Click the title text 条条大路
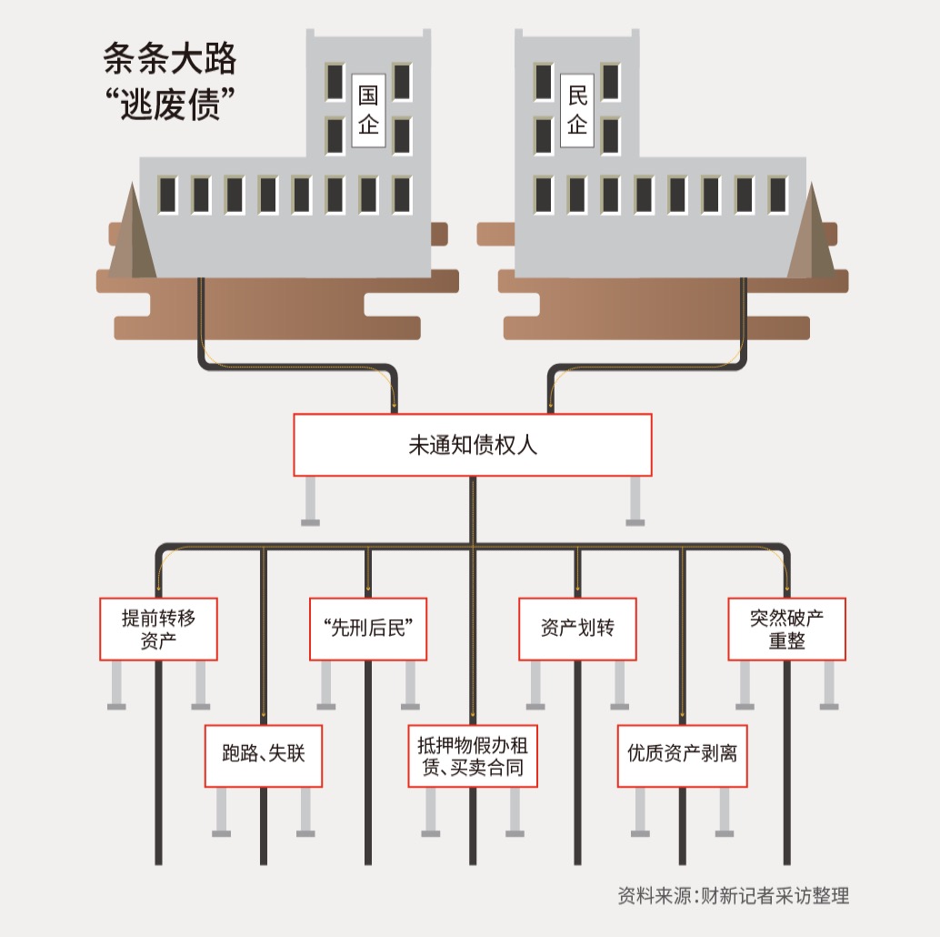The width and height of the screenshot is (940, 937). coord(170,60)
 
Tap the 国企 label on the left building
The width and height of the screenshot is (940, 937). coord(368,110)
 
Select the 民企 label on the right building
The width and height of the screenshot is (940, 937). coord(577,110)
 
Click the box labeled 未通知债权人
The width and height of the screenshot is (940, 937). coord(472,445)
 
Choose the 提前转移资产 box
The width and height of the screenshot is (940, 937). coord(158,629)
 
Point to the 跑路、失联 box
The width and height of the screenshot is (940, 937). coord(263,755)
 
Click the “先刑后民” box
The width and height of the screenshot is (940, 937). coord(368,628)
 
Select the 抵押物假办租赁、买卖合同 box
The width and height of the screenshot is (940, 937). coord(473,756)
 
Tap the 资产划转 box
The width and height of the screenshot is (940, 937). coord(577,628)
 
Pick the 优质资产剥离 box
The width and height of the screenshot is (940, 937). coord(682,755)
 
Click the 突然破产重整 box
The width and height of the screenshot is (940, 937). coord(786,629)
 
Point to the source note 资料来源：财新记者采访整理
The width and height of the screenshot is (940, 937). coord(733,895)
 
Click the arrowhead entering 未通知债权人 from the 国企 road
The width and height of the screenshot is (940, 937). coord(395,406)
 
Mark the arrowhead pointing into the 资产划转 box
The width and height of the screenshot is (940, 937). coord(576,589)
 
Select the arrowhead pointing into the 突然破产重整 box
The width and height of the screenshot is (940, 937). coord(787,589)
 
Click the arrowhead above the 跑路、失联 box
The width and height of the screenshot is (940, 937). coord(264,716)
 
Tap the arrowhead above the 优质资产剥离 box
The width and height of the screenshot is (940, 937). coord(682,716)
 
